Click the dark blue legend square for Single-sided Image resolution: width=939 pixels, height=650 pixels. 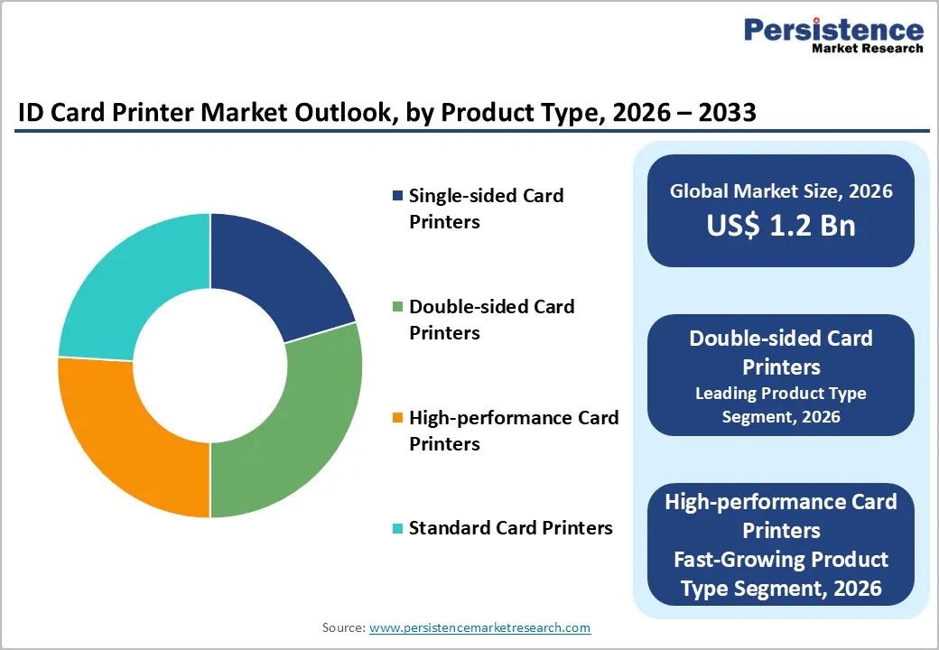[x=397, y=196]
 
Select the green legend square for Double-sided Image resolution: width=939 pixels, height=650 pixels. [x=397, y=307]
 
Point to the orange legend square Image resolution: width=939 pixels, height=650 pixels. [x=397, y=418]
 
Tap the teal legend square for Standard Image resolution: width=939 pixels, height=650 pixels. [x=397, y=528]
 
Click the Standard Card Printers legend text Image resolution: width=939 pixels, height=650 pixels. [x=510, y=528]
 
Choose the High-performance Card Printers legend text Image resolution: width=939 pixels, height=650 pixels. [x=513, y=431]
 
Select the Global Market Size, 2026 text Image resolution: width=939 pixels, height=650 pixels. [x=781, y=190]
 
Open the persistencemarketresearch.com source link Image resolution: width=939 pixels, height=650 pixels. [x=479, y=627]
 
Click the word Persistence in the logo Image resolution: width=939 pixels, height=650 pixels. [x=832, y=30]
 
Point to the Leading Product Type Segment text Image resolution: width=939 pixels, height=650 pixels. [x=781, y=404]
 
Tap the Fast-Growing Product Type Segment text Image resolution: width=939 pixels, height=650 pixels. [x=781, y=574]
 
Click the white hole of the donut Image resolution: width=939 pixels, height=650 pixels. [x=210, y=366]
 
